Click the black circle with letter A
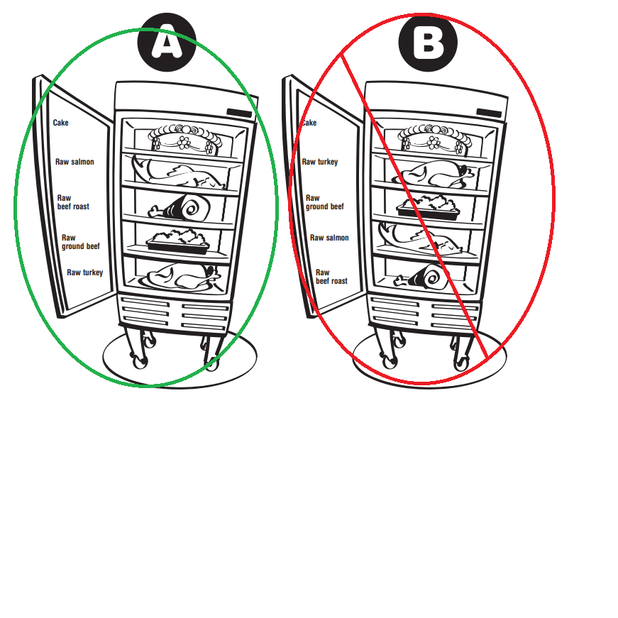pyautogui.click(x=167, y=42)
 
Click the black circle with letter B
pyautogui.click(x=428, y=42)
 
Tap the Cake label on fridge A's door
pyautogui.click(x=61, y=123)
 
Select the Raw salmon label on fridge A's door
pyautogui.click(x=75, y=162)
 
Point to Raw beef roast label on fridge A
pyautogui.click(x=73, y=202)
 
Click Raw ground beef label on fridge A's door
pyautogui.click(x=81, y=242)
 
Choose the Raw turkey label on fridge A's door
pyautogui.click(x=84, y=272)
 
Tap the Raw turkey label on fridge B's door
pyautogui.click(x=320, y=162)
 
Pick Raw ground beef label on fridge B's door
pyautogui.click(x=325, y=202)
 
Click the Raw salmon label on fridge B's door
pyautogui.click(x=329, y=238)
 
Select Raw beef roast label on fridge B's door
pyautogui.click(x=331, y=277)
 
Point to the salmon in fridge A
pyautogui.click(x=177, y=172)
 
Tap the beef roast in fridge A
pyautogui.click(x=180, y=208)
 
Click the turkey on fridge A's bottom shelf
pyautogui.click(x=180, y=277)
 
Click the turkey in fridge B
pyautogui.click(x=434, y=174)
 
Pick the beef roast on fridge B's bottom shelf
pyautogui.click(x=421, y=277)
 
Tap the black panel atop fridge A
pyautogui.click(x=239, y=113)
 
